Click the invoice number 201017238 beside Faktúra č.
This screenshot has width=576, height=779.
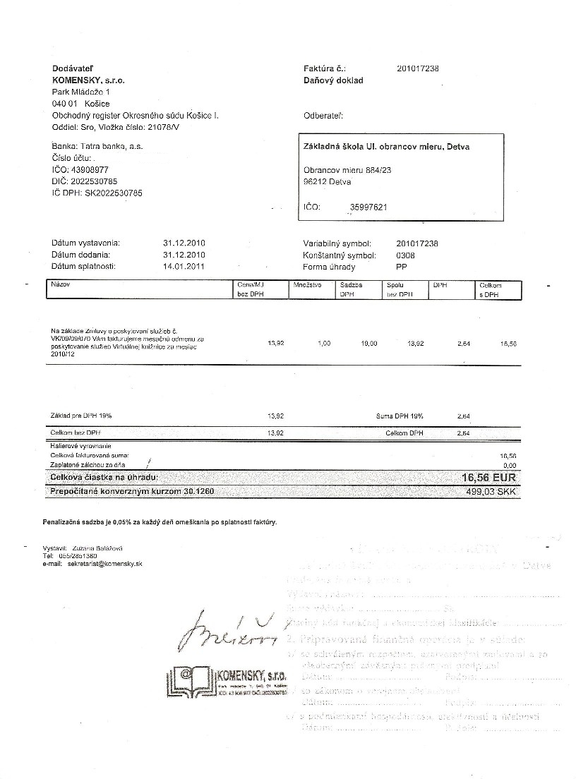click(418, 68)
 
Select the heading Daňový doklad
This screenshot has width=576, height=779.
click(333, 80)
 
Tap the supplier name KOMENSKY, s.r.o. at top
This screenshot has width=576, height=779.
click(89, 80)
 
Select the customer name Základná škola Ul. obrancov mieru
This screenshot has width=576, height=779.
click(386, 147)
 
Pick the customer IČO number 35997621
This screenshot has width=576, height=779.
click(368, 207)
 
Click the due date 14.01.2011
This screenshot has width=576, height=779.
click(184, 267)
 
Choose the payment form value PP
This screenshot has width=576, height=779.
click(402, 267)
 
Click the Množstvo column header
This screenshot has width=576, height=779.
click(307, 285)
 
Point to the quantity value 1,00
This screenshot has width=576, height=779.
click(324, 344)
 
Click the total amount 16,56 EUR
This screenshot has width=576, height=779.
click(489, 478)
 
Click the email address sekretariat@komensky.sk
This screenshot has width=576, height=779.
click(103, 564)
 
